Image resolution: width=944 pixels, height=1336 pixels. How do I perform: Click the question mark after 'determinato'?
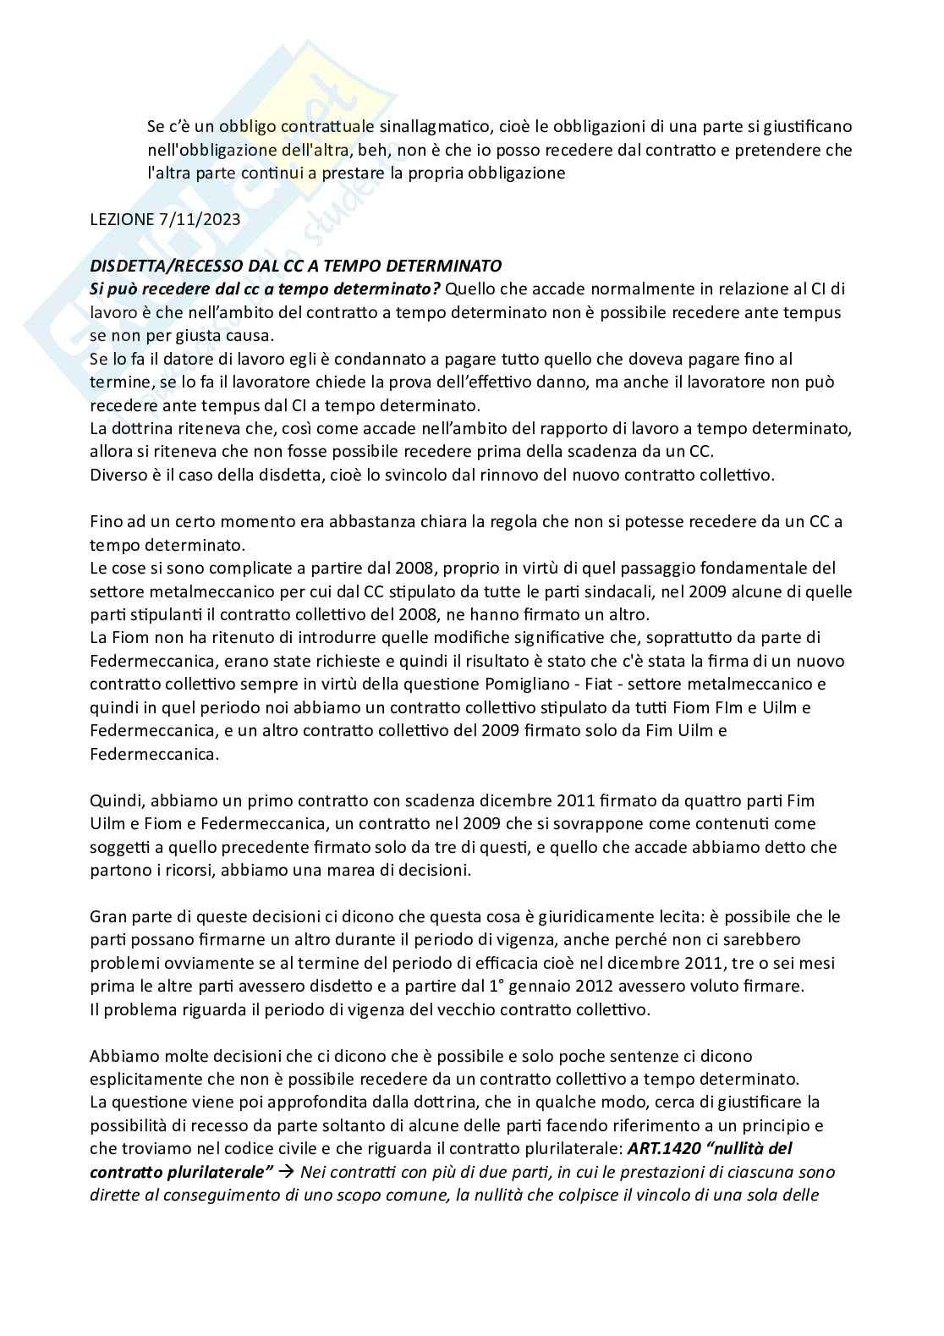tap(436, 289)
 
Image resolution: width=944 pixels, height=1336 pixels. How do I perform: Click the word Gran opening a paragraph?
tap(107, 916)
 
